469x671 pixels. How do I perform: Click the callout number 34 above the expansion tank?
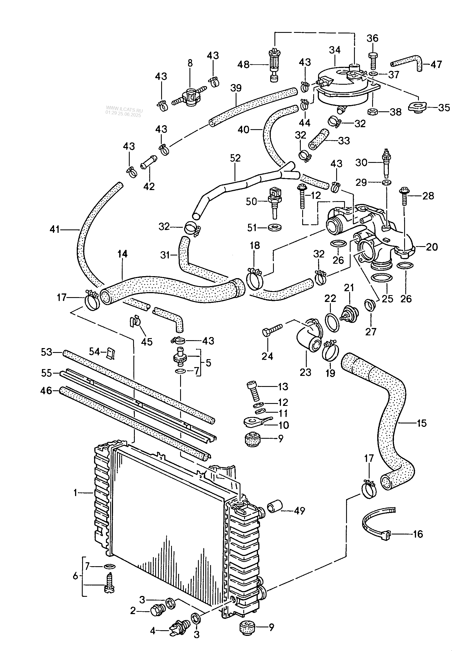(335, 50)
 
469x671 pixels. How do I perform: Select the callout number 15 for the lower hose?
(422, 423)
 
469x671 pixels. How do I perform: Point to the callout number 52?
(235, 158)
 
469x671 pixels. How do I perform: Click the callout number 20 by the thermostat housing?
(432, 247)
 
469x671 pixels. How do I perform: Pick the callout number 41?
(55, 229)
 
